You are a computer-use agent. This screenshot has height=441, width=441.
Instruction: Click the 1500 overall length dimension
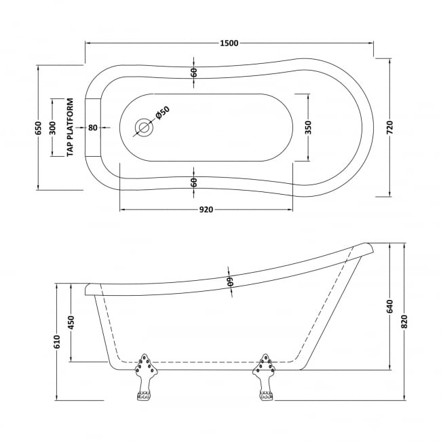coord(229,43)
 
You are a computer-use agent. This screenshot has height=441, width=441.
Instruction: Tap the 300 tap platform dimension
coord(54,128)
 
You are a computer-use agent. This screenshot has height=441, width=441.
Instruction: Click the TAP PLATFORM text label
coord(70,128)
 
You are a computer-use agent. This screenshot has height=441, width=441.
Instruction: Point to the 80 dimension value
coord(92,128)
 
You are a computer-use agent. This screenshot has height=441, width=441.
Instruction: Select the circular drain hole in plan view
coord(143,127)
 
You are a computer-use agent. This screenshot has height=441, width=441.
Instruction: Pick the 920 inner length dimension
coord(206,209)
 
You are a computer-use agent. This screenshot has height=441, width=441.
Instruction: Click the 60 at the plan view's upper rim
coord(194,73)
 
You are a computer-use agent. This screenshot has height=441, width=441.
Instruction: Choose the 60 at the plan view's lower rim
coord(194,182)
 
